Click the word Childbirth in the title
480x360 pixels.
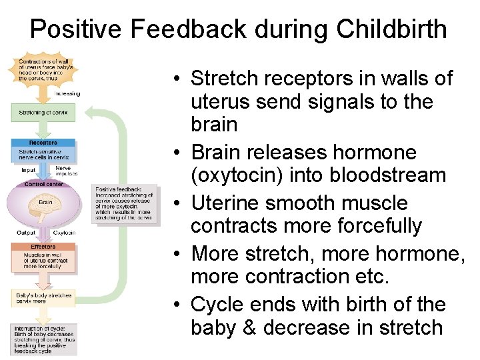[x=392, y=29]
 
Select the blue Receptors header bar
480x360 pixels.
[x=43, y=143]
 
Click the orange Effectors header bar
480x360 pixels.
[x=43, y=247]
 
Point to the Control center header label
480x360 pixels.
[x=43, y=184]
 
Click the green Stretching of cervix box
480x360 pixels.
[x=43, y=113]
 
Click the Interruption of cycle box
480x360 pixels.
[x=43, y=339]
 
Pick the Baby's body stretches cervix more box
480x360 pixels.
[x=43, y=297]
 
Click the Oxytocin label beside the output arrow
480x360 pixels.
[x=64, y=233]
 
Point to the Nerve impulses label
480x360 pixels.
[x=66, y=171]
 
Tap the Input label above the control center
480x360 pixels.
[x=29, y=171]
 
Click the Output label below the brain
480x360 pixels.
[x=27, y=233]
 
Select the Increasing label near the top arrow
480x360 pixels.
[x=67, y=94]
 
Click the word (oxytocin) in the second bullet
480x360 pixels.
[x=232, y=176]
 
